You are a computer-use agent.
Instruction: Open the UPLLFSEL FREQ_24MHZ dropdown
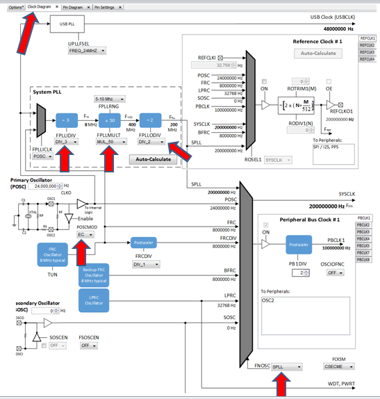tap(87, 51)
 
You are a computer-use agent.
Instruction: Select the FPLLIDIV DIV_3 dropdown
tap(66, 141)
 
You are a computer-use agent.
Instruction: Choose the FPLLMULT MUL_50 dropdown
tap(110, 141)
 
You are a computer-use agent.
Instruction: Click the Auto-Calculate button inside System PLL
tap(152, 159)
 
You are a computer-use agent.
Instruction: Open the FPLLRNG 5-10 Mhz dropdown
tap(110, 98)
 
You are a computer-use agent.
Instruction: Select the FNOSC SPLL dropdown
tap(286, 366)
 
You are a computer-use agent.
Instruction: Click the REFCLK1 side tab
tap(367, 38)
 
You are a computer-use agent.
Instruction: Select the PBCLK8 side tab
tap(364, 259)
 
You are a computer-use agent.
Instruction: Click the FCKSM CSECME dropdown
tap(336, 366)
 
